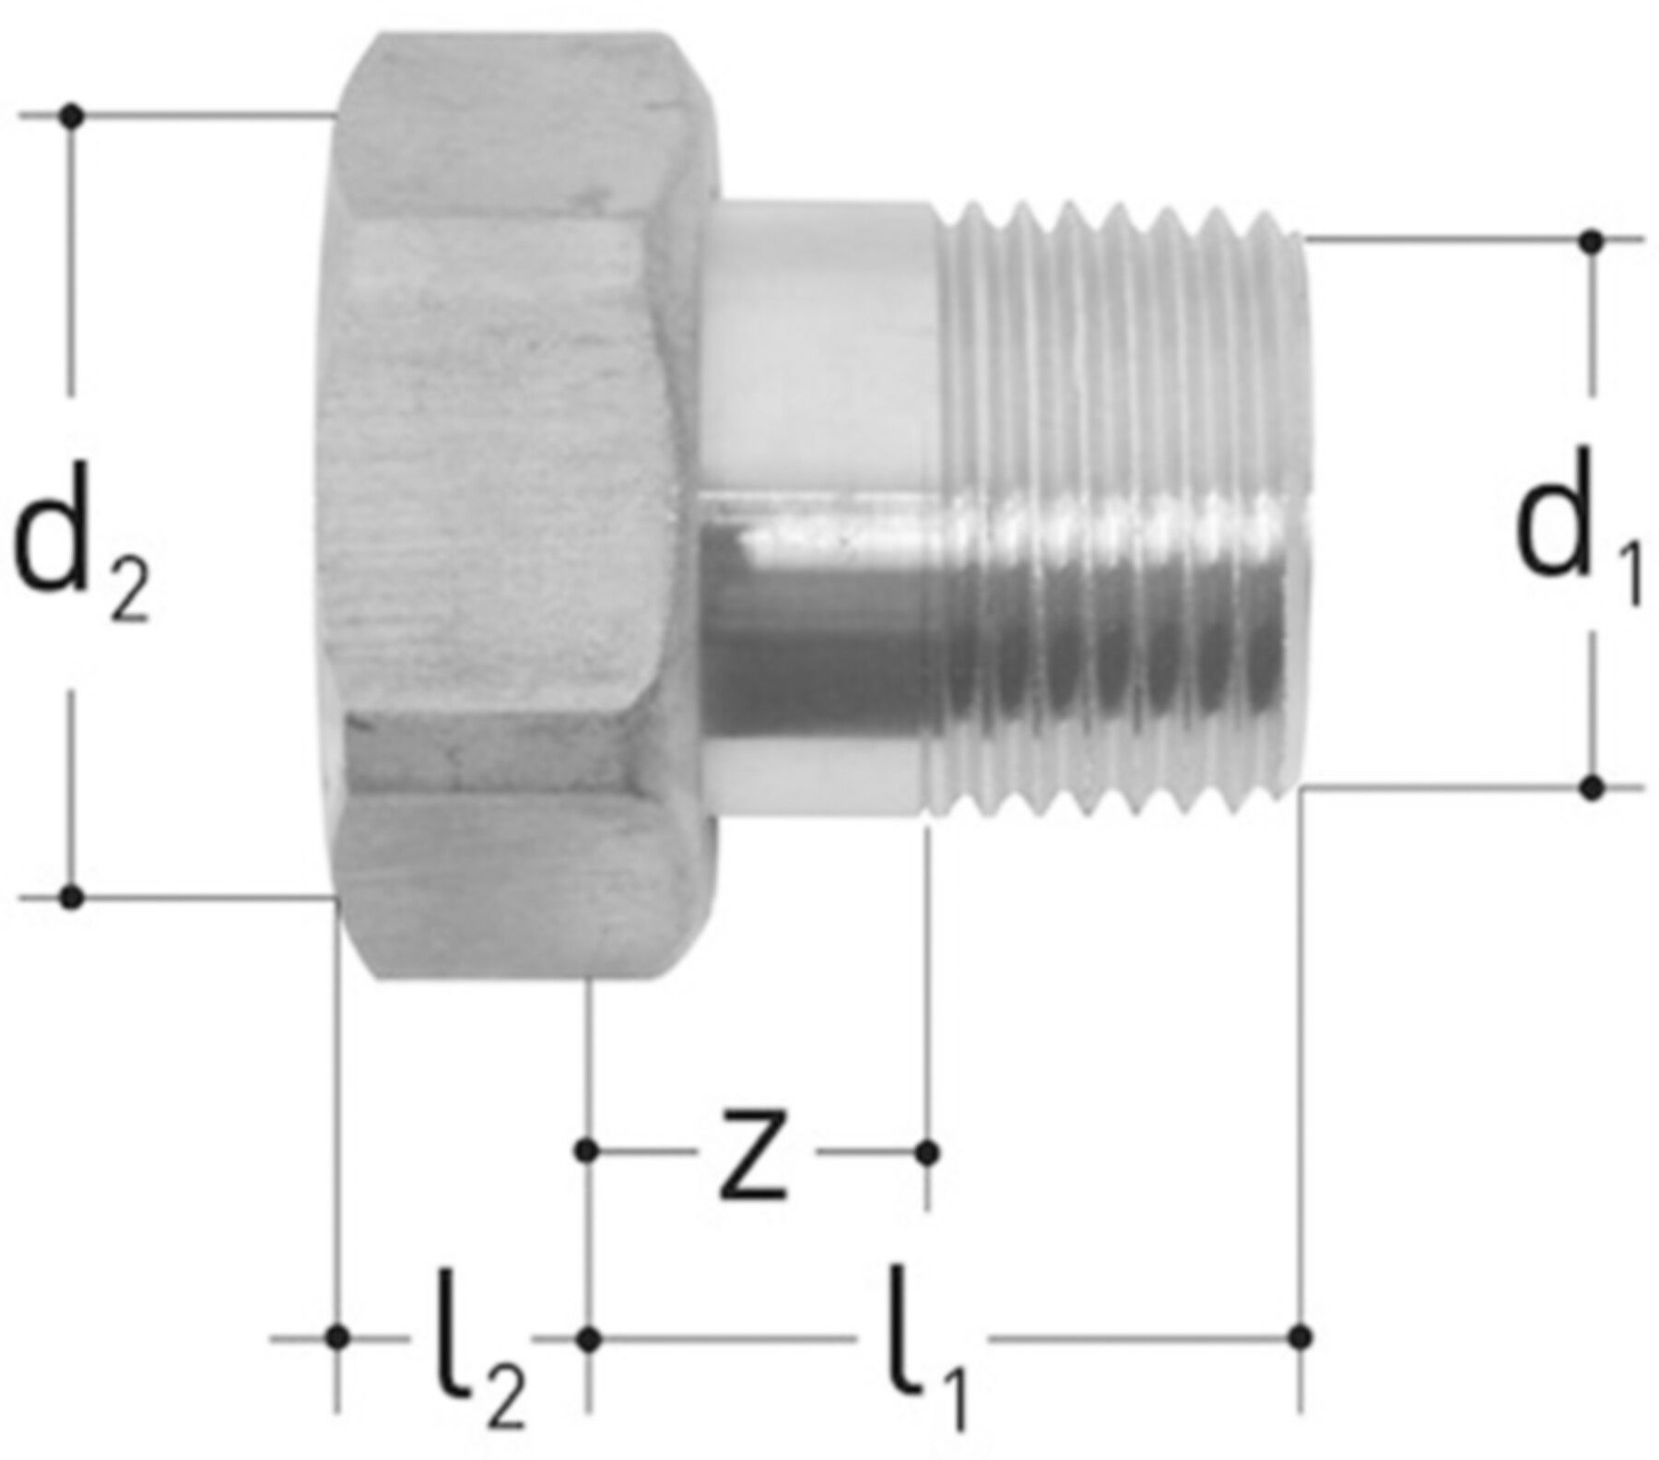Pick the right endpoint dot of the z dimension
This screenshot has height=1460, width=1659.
(929, 1151)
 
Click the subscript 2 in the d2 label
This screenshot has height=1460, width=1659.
(128, 594)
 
